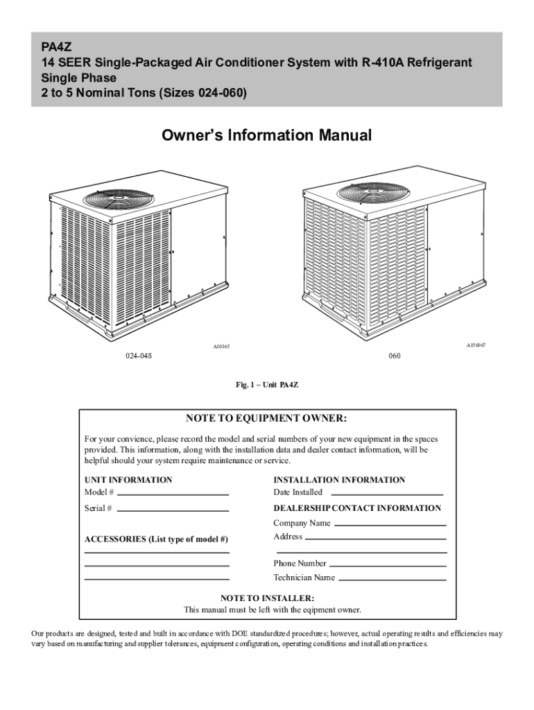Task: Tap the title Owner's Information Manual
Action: (267, 135)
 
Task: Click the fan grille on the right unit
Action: (368, 193)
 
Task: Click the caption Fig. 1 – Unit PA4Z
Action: (267, 383)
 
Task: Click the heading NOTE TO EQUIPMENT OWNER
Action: (266, 419)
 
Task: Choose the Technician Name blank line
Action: (392, 579)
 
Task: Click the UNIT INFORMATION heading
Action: (128, 480)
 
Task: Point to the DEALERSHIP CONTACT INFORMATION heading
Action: (357, 508)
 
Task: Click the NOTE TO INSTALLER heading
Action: (267, 598)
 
